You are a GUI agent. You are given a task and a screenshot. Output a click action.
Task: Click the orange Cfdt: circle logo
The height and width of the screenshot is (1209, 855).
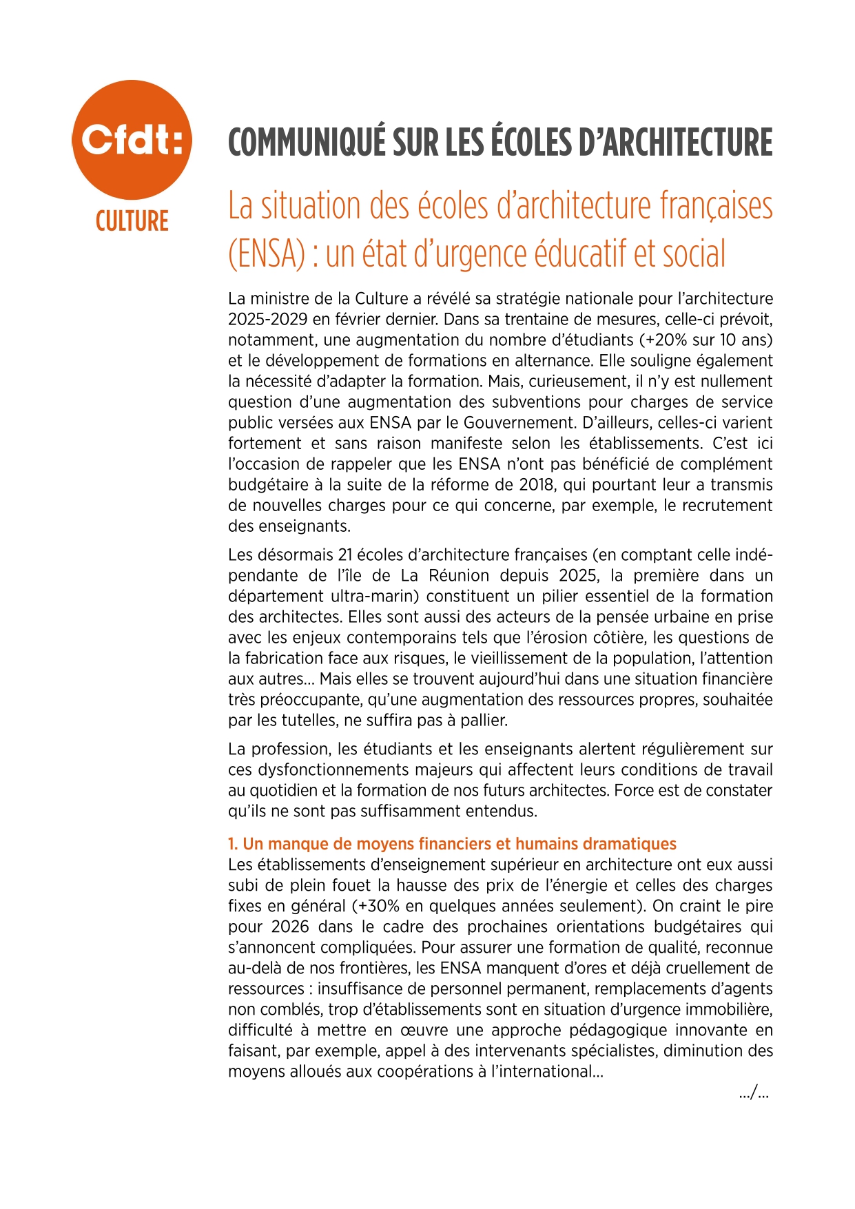pos(132,140)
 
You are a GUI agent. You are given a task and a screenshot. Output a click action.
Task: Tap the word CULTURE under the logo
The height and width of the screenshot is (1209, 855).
pos(132,222)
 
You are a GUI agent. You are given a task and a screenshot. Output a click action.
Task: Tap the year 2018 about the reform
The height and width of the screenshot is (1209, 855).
pos(537,485)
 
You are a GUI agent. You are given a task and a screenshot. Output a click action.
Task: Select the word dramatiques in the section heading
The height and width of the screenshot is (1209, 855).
pos(630,844)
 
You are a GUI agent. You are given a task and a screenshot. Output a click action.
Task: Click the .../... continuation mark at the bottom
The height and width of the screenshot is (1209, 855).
pos(754,1093)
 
